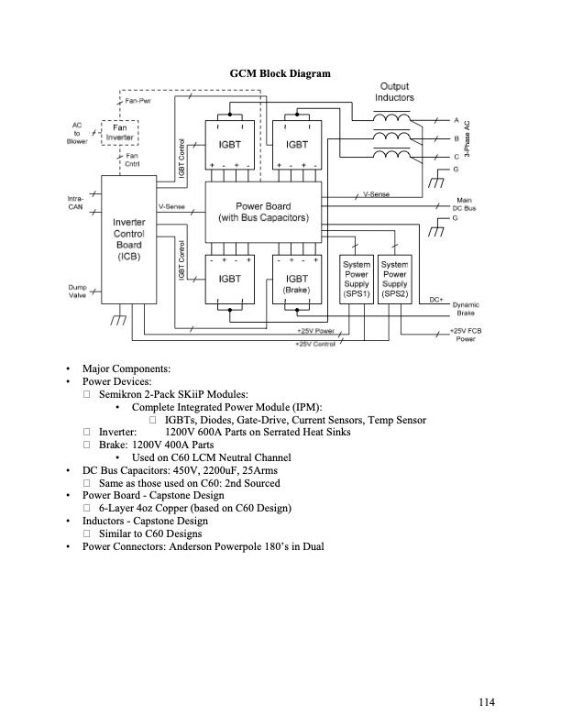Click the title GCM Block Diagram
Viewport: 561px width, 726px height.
[x=280, y=73]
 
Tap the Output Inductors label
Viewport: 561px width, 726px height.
[x=394, y=92]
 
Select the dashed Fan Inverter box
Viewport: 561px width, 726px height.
[x=121, y=134]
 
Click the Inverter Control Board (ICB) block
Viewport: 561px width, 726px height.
[x=128, y=240]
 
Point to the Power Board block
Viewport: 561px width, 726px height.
[x=264, y=212]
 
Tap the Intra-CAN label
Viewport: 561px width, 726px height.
[x=77, y=203]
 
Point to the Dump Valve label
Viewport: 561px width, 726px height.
[x=78, y=291]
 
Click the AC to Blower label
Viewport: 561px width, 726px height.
[x=77, y=133]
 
